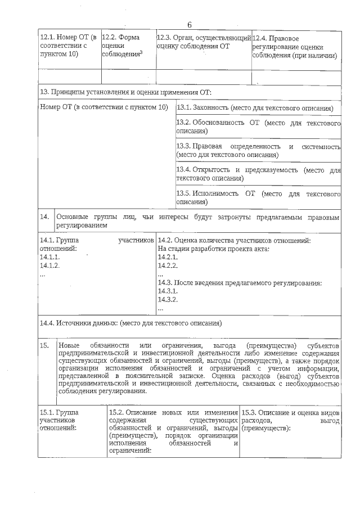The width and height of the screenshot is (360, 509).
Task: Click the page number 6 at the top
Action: [190, 24]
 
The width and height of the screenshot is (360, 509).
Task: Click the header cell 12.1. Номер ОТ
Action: [69, 46]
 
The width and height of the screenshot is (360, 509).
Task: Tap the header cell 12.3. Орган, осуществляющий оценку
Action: [203, 42]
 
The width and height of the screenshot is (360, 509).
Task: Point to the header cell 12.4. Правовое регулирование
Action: [295, 47]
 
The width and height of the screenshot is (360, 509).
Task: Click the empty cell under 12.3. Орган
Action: [203, 77]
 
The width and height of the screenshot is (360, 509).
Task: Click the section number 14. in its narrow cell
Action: [45, 217]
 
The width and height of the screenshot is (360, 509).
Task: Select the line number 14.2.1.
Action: [168, 256]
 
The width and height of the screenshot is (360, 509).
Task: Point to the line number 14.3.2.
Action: [168, 299]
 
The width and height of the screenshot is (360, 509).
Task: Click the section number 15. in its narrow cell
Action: [45, 344]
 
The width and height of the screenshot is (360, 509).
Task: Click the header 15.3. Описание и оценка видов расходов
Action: [290, 420]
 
